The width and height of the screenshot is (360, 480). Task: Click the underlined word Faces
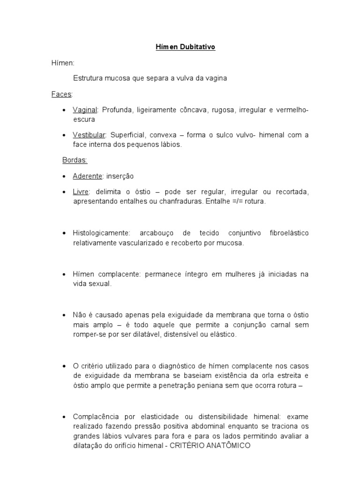(61, 94)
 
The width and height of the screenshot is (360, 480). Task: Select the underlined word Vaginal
(84, 110)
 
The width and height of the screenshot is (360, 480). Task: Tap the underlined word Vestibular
(89, 135)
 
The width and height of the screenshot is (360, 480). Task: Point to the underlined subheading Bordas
(75, 160)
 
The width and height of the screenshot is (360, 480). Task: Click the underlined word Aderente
(87, 176)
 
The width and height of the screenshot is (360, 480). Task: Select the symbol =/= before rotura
(239, 202)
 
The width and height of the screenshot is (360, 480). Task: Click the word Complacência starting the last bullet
(94, 416)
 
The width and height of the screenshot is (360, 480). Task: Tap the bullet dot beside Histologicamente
(64, 233)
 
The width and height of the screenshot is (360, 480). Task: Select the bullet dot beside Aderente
(64, 176)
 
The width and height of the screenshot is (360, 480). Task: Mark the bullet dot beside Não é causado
(64, 315)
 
